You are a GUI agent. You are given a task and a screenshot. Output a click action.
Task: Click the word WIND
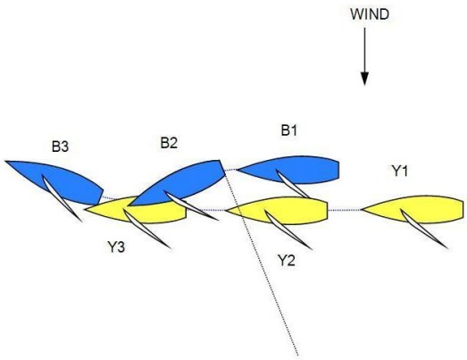coord(370,14)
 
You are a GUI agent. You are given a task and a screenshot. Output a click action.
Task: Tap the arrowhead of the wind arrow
coord(365,79)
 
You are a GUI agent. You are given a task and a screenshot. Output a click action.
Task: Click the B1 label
coord(289,130)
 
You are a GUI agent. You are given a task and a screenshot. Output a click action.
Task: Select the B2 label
coord(169,143)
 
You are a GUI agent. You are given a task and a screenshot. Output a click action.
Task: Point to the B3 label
coord(60,147)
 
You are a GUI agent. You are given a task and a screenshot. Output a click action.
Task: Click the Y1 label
coord(400,171)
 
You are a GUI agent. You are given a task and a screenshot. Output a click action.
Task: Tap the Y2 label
coord(287,260)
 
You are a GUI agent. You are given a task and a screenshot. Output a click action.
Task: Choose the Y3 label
coord(116,247)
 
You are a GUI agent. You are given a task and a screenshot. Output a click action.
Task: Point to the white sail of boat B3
coord(60,197)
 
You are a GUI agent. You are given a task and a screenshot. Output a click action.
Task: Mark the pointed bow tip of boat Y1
coord(362,210)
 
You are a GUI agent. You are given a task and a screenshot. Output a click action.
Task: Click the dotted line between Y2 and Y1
coord(345,210)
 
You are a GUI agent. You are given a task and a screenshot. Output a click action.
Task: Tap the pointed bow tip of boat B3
coord(5,161)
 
